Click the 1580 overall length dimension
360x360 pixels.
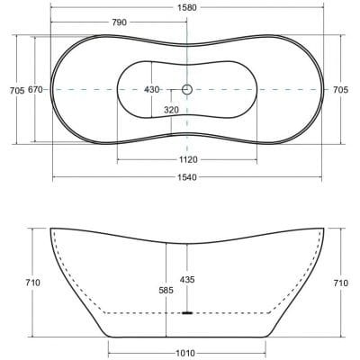(x=188, y=7)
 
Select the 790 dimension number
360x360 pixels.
(x=120, y=22)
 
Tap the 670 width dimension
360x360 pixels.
(x=35, y=89)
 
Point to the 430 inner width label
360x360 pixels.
(x=152, y=89)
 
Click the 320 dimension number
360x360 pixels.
(x=171, y=110)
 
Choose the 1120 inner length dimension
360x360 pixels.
(x=188, y=159)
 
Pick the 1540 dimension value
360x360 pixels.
(x=187, y=177)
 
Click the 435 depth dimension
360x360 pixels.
(x=187, y=280)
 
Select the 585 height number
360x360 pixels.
(x=166, y=290)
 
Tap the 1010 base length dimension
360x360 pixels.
(x=186, y=354)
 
